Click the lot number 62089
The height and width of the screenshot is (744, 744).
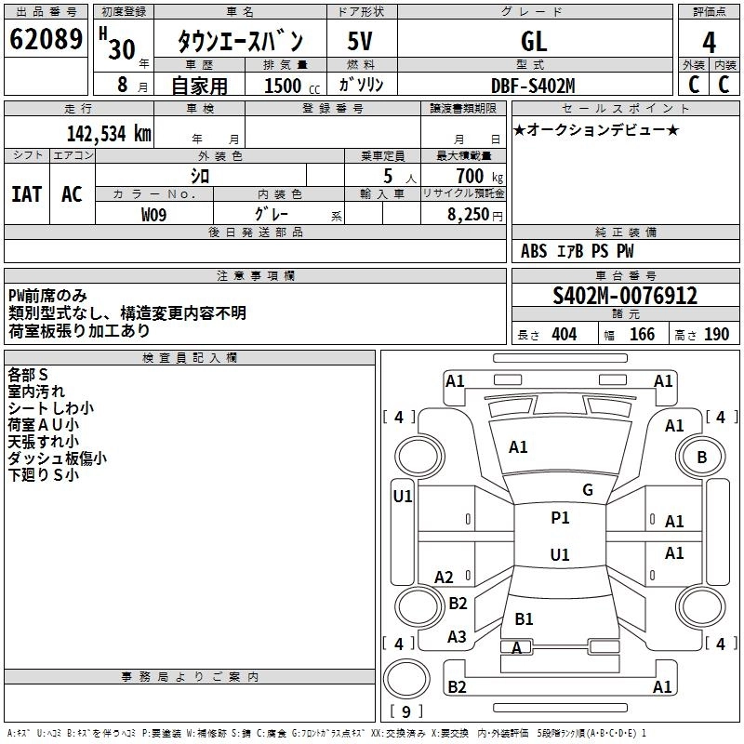[46, 41]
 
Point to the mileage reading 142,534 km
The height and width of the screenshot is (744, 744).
[109, 132]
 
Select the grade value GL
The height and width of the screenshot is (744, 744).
[534, 41]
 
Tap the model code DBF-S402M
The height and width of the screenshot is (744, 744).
[533, 86]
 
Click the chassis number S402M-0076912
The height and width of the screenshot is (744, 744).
[625, 296]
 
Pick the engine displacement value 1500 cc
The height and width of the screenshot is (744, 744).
[284, 86]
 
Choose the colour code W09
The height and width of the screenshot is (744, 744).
[154, 213]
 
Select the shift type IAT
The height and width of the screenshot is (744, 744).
[26, 193]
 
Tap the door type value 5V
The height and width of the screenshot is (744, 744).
[361, 41]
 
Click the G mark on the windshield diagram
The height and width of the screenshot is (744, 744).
[587, 490]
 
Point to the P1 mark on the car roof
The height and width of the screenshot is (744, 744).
[560, 518]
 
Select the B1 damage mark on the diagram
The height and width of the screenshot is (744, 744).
[524, 618]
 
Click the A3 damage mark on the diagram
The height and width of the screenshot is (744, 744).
[457, 637]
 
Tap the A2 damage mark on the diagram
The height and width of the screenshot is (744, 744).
[445, 578]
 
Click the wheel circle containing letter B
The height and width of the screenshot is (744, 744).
[701, 457]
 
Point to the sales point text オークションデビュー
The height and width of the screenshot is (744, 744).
[596, 129]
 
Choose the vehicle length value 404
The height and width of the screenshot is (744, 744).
[564, 335]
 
